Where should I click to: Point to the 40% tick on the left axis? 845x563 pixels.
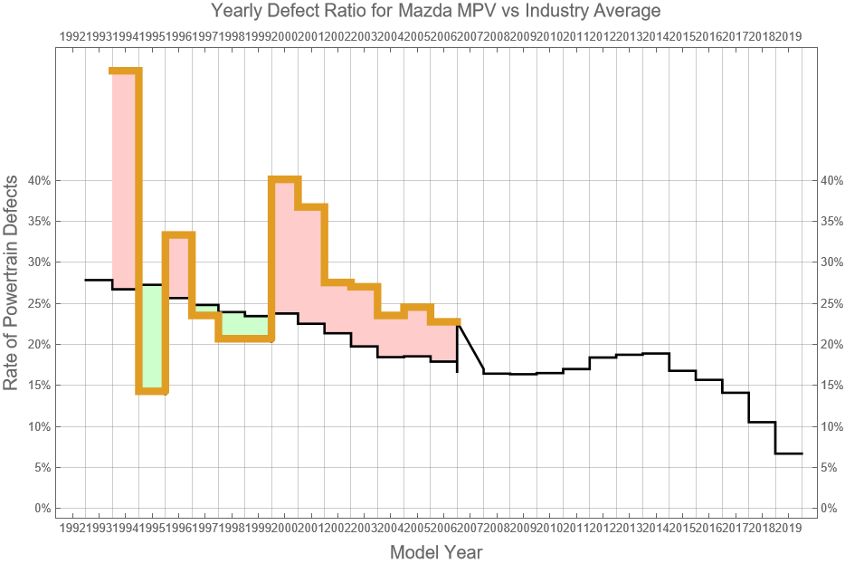point(39,180)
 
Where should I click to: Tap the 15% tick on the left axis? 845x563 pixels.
point(39,385)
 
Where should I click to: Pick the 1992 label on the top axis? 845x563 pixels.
point(71,35)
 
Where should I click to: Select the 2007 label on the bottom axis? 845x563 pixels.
point(470,528)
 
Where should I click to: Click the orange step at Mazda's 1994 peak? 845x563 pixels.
point(125,71)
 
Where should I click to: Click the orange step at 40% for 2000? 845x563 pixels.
point(284,179)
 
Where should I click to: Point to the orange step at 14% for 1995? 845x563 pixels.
point(151,391)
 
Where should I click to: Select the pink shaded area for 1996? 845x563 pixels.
point(177,266)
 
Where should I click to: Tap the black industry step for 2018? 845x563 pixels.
point(762,422)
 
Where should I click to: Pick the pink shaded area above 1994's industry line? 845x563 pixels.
point(125,181)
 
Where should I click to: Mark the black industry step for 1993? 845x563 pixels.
point(98,280)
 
